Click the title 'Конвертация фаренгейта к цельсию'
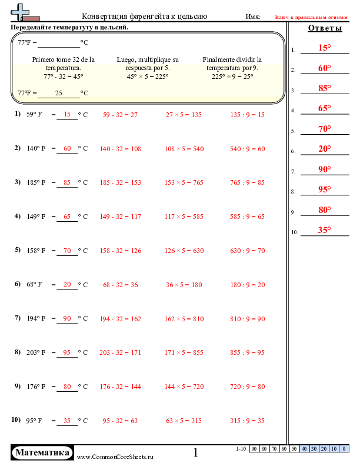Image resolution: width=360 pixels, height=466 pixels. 144,16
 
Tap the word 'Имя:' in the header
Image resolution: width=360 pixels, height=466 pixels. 253,16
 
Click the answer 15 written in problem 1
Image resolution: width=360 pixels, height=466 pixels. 67,115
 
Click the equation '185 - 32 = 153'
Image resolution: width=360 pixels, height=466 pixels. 121,183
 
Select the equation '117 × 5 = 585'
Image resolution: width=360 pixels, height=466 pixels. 184,217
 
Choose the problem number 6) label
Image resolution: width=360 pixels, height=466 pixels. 17,284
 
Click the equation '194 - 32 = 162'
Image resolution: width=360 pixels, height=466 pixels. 121,319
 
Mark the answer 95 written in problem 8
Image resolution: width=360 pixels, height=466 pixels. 67,353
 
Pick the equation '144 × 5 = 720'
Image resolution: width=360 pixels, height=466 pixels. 184,387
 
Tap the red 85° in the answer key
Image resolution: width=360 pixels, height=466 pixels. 325,88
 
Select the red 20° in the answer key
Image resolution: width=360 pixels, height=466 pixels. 325,149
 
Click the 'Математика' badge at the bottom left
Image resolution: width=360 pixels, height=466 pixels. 42,452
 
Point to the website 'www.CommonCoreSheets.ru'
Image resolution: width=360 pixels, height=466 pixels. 115,457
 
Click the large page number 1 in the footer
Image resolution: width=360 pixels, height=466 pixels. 196,452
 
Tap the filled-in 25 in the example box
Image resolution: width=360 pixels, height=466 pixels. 58,93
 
